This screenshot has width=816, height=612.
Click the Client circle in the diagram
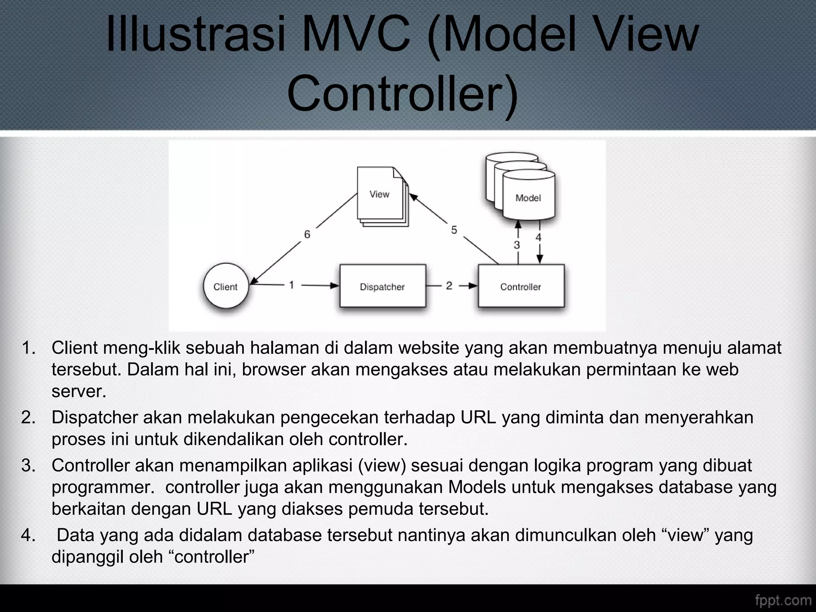point(226,286)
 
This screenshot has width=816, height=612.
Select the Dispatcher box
point(382,286)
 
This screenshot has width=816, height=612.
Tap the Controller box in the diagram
point(521,286)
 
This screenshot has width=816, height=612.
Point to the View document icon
point(380,195)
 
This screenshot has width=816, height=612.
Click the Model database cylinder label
point(528,198)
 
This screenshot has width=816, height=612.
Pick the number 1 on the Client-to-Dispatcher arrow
point(292,285)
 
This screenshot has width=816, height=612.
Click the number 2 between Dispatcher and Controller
point(449,285)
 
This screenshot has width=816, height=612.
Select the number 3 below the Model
point(517,245)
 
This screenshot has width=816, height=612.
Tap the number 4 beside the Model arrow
point(538,238)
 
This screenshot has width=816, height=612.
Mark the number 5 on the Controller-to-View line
point(454,230)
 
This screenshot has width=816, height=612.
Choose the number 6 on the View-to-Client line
point(307,234)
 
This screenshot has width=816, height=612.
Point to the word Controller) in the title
point(402,94)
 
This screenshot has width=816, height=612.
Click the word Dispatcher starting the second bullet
point(94,418)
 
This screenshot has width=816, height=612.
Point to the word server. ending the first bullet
point(79,391)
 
